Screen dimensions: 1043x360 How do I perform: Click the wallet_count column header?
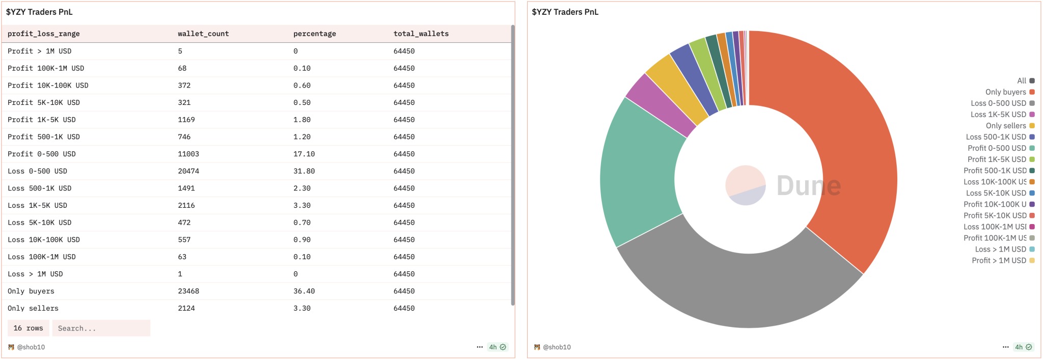point(203,34)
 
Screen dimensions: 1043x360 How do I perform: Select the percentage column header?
point(315,34)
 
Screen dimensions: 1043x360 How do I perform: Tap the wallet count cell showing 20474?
point(188,171)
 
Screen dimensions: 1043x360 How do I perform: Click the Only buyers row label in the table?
point(31,291)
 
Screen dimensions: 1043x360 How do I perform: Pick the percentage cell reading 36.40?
point(304,291)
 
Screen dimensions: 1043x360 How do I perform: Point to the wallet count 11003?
point(188,154)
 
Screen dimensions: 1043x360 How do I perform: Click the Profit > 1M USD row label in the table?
point(40,51)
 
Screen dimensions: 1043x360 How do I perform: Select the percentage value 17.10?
point(304,154)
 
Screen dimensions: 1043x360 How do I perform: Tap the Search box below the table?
point(101,328)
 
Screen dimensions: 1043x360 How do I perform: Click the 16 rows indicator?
point(29,328)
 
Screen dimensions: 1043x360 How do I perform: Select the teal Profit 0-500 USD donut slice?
point(639,173)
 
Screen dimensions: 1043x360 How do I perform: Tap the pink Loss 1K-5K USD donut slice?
point(660,104)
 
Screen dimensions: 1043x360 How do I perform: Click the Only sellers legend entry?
point(1010,126)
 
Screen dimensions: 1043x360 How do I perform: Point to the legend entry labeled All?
point(1026,81)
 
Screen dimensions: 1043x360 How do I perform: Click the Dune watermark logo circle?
point(746,185)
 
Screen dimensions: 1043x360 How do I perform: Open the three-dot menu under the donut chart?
point(1005,347)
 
